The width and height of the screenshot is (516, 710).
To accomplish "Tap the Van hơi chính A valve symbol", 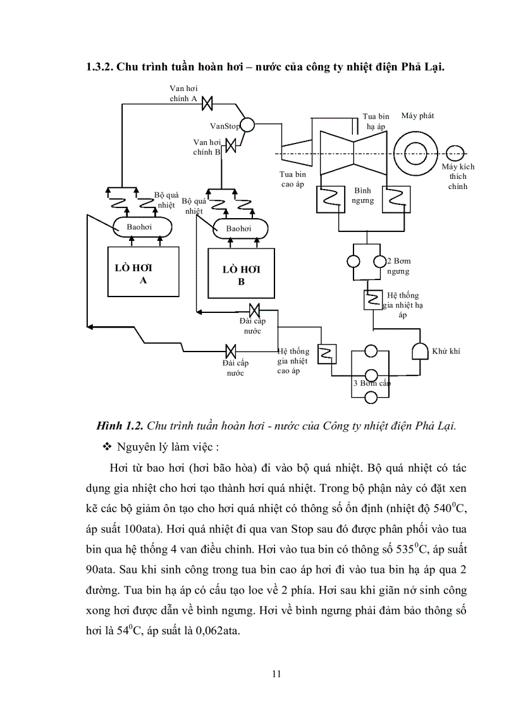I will [x=212, y=102].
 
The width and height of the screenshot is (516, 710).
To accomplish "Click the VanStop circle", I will [x=247, y=125].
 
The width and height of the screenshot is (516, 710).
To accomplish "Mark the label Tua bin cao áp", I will [x=293, y=179].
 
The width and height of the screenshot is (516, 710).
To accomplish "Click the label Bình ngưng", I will [x=362, y=195].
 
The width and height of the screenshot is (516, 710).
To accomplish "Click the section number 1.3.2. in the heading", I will [x=101, y=68].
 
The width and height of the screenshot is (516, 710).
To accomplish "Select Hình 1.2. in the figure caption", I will [x=116, y=425].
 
